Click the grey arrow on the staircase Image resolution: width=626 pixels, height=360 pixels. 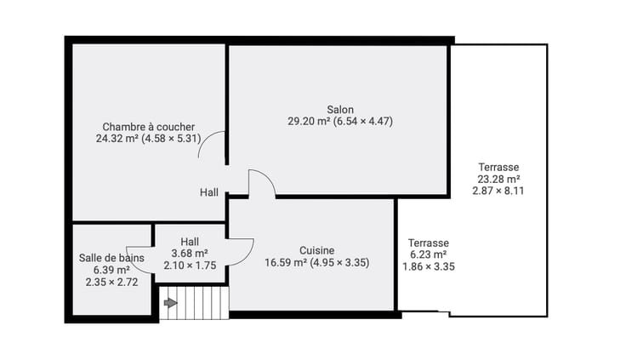[x=170, y=303]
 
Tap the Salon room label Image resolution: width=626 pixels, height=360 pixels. [x=340, y=110]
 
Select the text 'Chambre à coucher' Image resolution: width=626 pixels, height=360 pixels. [x=149, y=127]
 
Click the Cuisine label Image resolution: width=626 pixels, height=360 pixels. [x=317, y=250]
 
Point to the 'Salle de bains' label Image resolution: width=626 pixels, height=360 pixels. [x=111, y=258]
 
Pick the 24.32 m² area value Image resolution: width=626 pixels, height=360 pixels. [x=117, y=139]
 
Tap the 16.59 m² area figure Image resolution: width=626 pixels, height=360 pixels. [x=286, y=262]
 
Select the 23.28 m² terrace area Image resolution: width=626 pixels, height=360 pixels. [x=498, y=179]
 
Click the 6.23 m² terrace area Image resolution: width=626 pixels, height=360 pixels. [x=429, y=254]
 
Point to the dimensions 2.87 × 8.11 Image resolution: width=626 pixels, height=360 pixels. [x=498, y=191]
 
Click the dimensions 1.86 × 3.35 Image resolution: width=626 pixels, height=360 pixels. [x=429, y=266]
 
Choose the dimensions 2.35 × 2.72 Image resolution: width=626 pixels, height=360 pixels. [x=111, y=282]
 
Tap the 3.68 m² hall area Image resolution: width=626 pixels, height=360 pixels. [x=190, y=254]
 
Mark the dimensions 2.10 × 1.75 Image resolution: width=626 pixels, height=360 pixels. [x=190, y=266]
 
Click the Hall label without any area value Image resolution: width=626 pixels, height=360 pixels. [x=208, y=192]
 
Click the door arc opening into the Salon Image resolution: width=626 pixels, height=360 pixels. [x=267, y=178]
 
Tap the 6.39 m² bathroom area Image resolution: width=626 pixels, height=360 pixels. [x=111, y=270]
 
